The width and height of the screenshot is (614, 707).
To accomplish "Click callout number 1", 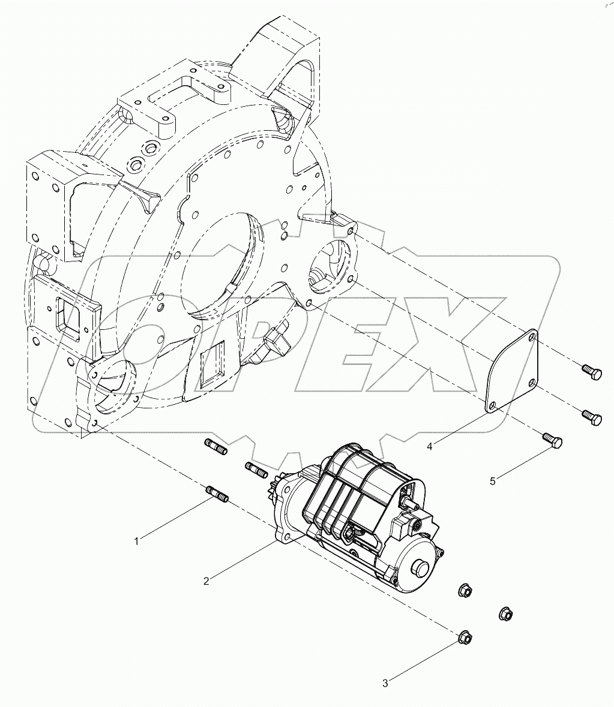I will (x=137, y=541).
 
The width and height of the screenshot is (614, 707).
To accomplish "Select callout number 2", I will (x=206, y=580).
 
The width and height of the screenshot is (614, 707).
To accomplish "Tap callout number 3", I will (x=386, y=682).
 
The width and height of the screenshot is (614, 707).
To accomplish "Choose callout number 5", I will (x=493, y=481).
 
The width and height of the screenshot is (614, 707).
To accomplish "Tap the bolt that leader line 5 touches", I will (x=552, y=441).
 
